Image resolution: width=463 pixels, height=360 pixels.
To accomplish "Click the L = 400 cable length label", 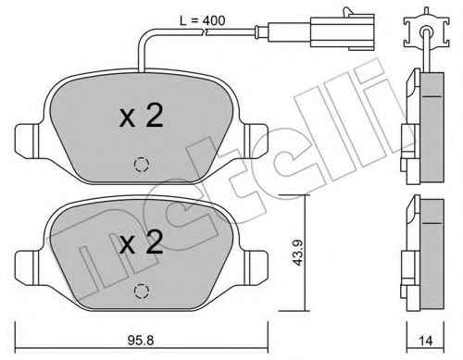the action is tap(202, 20).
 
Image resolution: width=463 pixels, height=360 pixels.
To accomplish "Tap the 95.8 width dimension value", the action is tap(141, 340).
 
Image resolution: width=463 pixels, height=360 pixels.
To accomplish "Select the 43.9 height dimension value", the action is tap(298, 253).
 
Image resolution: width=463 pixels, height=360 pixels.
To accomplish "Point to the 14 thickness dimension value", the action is tap(426, 341).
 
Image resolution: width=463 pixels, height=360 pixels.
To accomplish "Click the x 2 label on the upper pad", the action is tap(141, 116).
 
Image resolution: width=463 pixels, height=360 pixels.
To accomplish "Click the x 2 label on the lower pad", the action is tap(141, 242).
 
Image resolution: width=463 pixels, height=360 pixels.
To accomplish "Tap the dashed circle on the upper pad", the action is tap(142, 165).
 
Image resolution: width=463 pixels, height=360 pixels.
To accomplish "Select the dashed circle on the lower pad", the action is tap(142, 291).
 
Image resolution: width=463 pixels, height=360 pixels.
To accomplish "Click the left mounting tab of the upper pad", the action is tap(27, 140).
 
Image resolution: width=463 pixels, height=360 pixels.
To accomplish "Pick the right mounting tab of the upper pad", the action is tap(256, 140).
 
